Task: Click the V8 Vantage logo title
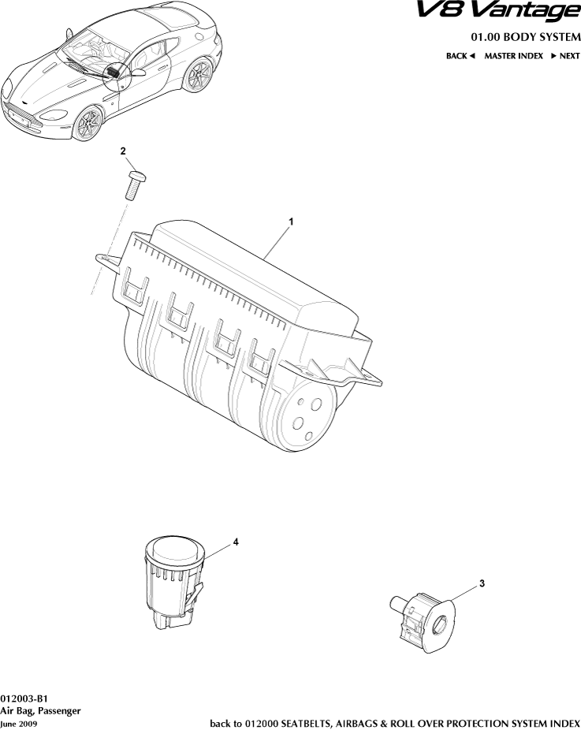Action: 498,11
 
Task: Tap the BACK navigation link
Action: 460,56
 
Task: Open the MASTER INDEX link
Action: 513,56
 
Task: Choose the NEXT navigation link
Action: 565,56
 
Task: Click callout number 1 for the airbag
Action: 292,222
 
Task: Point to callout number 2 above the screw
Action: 123,151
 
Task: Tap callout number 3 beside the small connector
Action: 482,583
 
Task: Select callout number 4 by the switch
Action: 236,542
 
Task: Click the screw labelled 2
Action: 136,184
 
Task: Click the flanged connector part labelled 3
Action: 423,620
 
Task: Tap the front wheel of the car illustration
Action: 88,123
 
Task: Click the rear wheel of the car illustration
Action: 198,74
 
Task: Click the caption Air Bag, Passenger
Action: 40,711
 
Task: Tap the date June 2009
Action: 19,724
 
